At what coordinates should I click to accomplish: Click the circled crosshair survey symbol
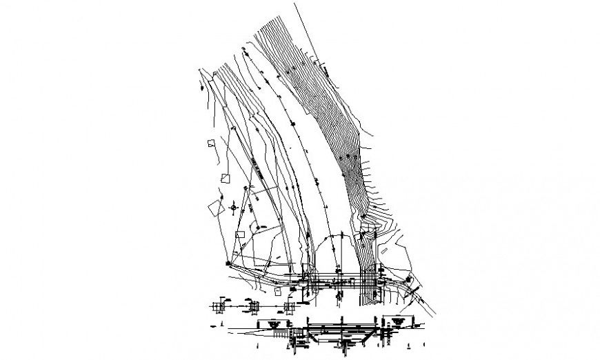[234, 206]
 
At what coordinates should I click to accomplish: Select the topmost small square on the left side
[209, 144]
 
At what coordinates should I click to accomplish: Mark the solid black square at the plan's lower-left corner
[227, 263]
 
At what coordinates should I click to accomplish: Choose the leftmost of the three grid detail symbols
[222, 304]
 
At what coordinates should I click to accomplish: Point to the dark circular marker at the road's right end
[410, 280]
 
